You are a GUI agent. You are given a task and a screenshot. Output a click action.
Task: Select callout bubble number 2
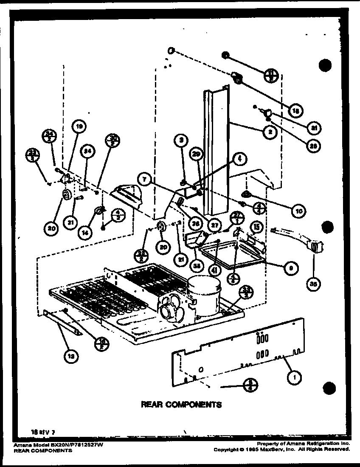click(270, 132)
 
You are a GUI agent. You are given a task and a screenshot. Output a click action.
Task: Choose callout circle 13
click(71, 357)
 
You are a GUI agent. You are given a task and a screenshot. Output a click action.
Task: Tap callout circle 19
click(79, 126)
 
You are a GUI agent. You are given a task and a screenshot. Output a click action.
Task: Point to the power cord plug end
click(315, 247)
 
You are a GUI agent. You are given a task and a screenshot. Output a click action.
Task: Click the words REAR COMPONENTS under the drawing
click(181, 404)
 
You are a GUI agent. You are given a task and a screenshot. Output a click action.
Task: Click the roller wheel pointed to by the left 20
click(67, 195)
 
